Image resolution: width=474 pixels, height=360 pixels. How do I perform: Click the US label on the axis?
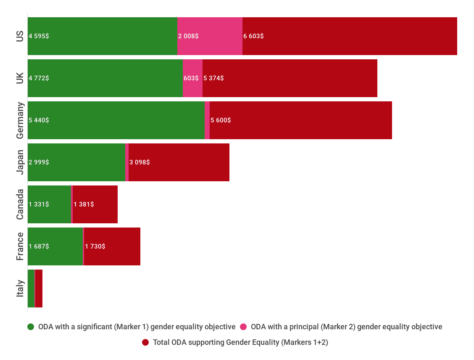click(20, 36)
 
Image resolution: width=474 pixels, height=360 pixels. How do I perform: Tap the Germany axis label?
click(20, 120)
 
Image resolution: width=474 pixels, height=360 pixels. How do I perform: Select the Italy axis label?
click(20, 289)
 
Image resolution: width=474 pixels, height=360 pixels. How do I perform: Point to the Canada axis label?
click(20, 204)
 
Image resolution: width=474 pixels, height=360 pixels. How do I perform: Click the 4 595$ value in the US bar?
click(39, 36)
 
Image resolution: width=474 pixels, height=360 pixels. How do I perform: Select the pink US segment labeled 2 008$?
click(210, 36)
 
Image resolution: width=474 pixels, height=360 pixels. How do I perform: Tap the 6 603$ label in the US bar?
click(253, 36)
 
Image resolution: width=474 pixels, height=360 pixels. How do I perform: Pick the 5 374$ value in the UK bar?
click(213, 78)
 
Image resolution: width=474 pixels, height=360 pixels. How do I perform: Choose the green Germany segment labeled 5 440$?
click(116, 120)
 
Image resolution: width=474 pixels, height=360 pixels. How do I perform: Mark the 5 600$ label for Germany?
click(221, 120)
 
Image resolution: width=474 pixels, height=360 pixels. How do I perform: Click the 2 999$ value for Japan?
click(39, 162)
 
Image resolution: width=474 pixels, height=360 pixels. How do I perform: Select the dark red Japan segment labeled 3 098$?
click(179, 162)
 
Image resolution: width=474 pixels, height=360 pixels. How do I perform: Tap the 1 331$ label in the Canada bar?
click(39, 204)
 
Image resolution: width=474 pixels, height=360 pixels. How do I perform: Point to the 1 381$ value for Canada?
click(84, 204)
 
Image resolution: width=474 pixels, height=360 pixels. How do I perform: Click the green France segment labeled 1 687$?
click(55, 246)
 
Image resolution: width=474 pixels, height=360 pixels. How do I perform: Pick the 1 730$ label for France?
click(95, 246)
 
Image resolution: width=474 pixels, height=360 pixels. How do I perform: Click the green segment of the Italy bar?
click(31, 289)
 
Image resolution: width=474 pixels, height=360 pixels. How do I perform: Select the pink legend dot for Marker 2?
click(243, 327)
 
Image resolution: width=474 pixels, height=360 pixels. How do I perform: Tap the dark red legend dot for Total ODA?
click(145, 342)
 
